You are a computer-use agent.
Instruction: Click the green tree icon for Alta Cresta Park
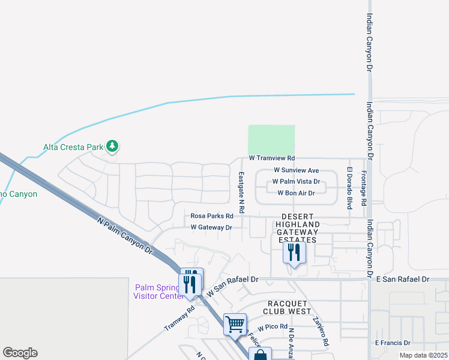point(112,146)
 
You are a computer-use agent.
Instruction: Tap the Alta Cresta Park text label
point(72,146)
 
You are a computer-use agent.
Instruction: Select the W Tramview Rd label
point(272,158)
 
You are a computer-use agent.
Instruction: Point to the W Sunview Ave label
point(296,170)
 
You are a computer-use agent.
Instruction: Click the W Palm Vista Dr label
point(296,181)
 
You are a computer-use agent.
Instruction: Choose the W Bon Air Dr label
point(296,193)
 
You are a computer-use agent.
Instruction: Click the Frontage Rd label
point(363,188)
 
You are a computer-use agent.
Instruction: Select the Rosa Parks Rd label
point(211,216)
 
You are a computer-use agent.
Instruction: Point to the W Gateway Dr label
point(211,227)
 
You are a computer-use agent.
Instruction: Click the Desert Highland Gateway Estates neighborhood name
point(295,228)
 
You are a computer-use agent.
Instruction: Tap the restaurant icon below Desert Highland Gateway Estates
point(294,252)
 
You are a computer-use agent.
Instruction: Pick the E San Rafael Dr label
point(402,280)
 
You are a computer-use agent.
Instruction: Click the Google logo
point(20,353)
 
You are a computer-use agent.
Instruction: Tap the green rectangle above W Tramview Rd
point(271,140)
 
